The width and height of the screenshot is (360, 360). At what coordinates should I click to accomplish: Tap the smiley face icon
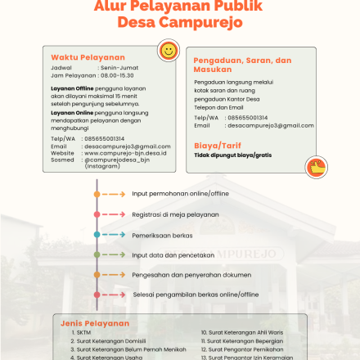pos(169,51)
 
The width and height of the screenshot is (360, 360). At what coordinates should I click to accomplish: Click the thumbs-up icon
pos(316,166)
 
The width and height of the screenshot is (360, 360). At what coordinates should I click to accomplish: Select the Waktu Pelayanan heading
pos(88,57)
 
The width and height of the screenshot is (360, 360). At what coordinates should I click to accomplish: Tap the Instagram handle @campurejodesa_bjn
pos(118,160)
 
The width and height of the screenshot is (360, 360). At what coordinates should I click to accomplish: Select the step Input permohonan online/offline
pos(180,194)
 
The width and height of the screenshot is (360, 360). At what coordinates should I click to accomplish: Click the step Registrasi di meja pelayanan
pos(175,214)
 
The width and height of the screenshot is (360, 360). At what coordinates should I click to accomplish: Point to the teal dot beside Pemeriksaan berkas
pos(97,235)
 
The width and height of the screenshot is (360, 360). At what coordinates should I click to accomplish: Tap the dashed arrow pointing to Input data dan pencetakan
pos(114,254)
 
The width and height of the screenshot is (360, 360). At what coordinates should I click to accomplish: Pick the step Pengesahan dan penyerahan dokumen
pos(190,275)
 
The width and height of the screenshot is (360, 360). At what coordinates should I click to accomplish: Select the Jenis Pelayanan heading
pos(95,323)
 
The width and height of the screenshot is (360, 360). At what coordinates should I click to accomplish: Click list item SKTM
pos(83,333)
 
